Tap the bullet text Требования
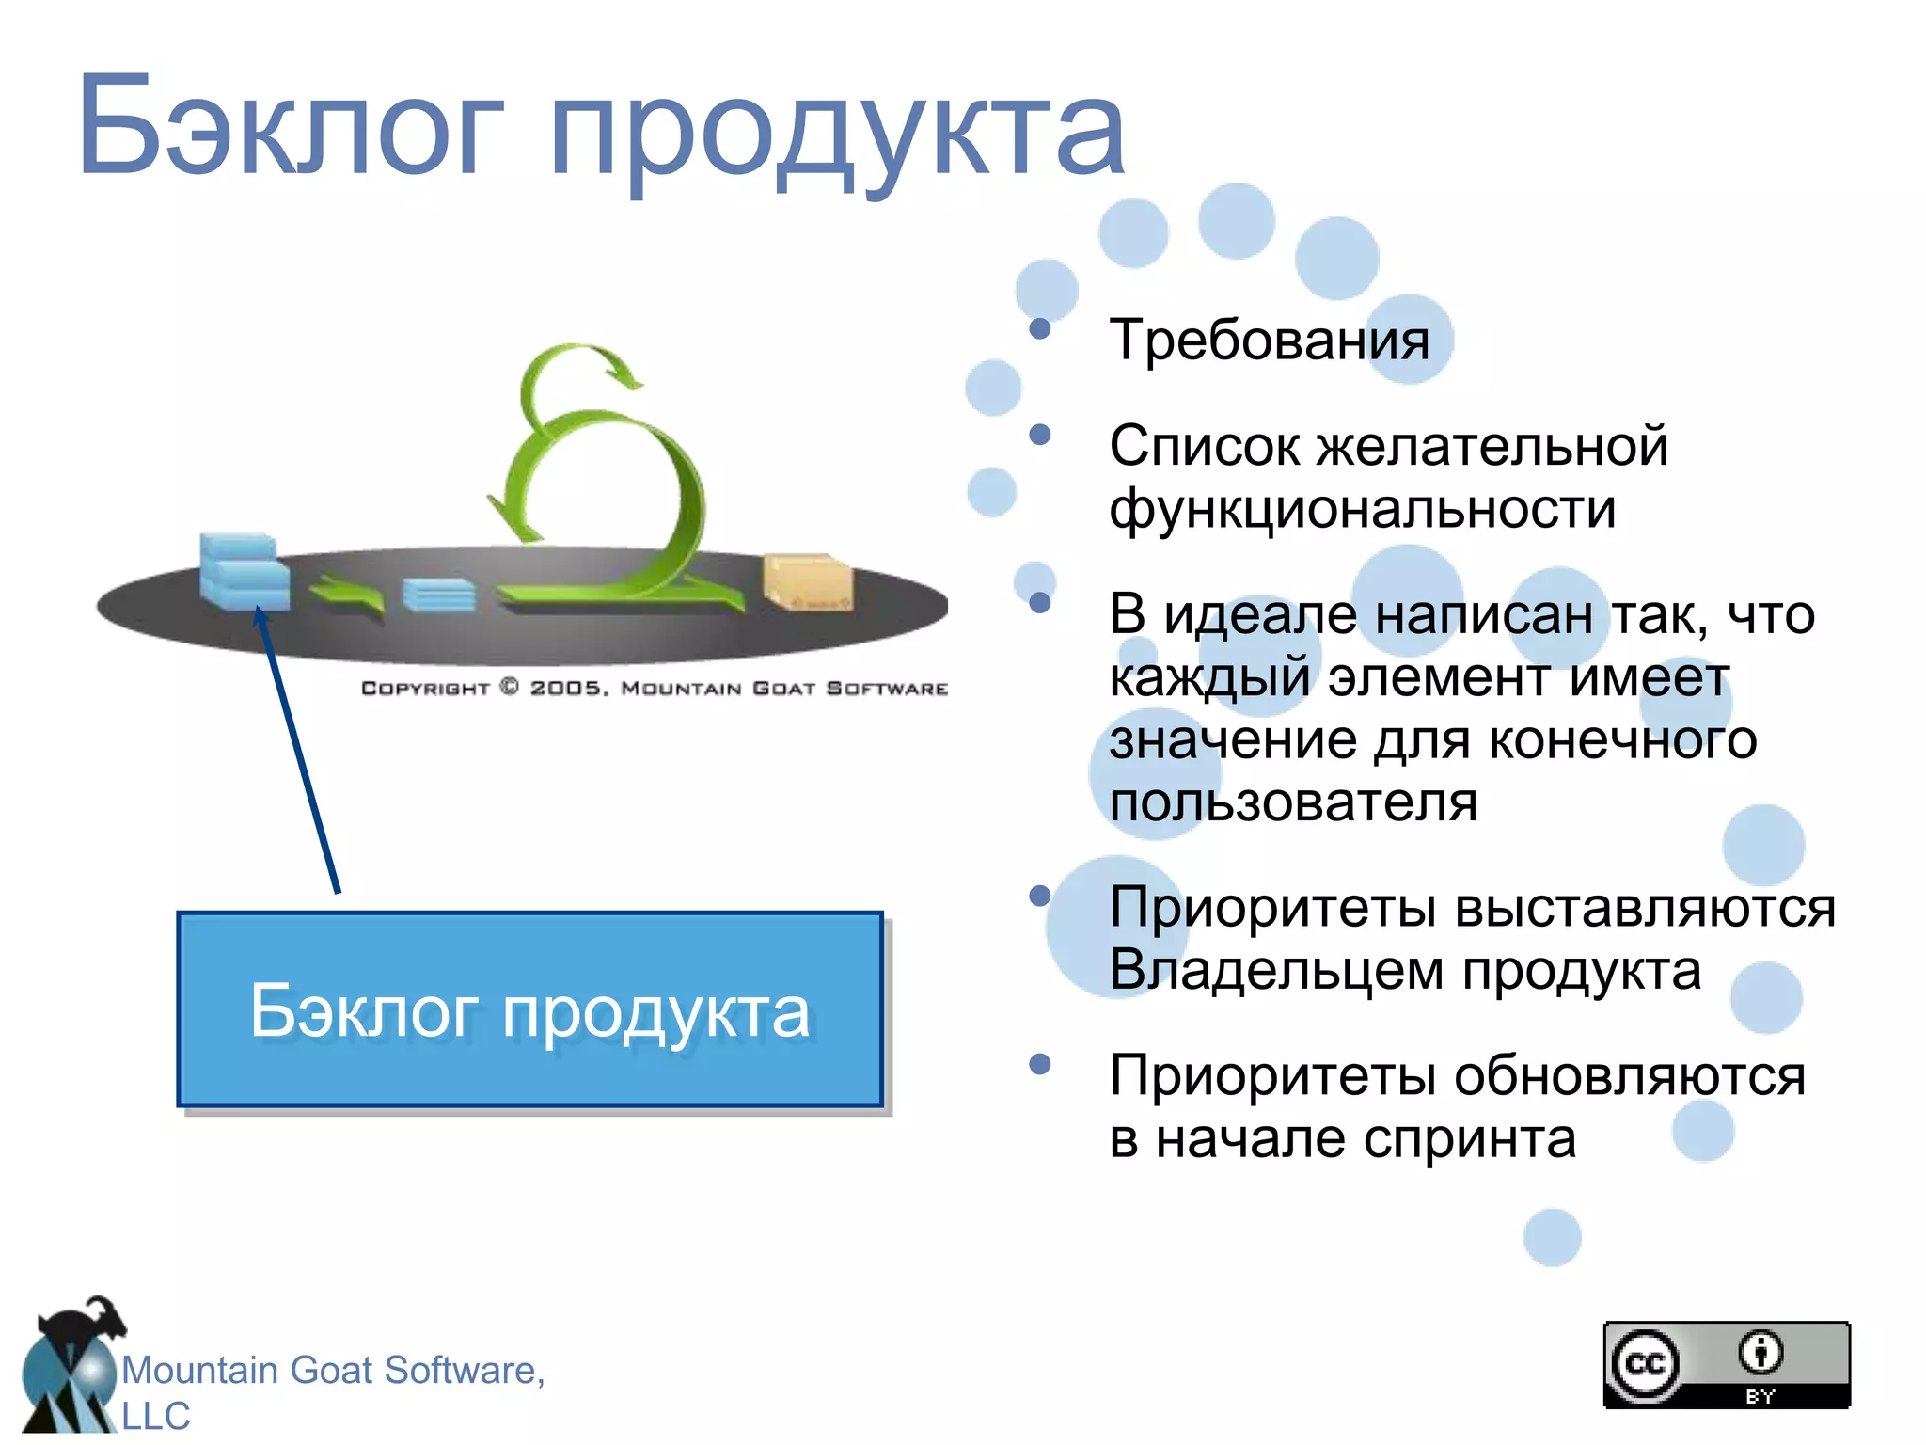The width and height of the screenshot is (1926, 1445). point(1269,340)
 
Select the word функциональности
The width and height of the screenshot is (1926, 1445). point(1362,509)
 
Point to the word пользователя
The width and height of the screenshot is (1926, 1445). point(1293,802)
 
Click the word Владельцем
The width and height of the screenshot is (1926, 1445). point(1277,970)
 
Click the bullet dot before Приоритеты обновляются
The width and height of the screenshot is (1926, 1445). point(1039,1064)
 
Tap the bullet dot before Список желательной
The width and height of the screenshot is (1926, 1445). point(1039,435)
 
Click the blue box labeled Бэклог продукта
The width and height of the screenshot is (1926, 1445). point(529,1009)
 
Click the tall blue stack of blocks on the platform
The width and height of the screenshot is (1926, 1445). point(243,571)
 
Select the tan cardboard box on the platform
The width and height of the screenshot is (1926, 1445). point(807,581)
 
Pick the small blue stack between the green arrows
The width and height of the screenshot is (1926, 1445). point(438,595)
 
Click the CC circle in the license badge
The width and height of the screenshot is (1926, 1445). point(1645,1364)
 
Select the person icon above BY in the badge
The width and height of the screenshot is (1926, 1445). point(1760,1353)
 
